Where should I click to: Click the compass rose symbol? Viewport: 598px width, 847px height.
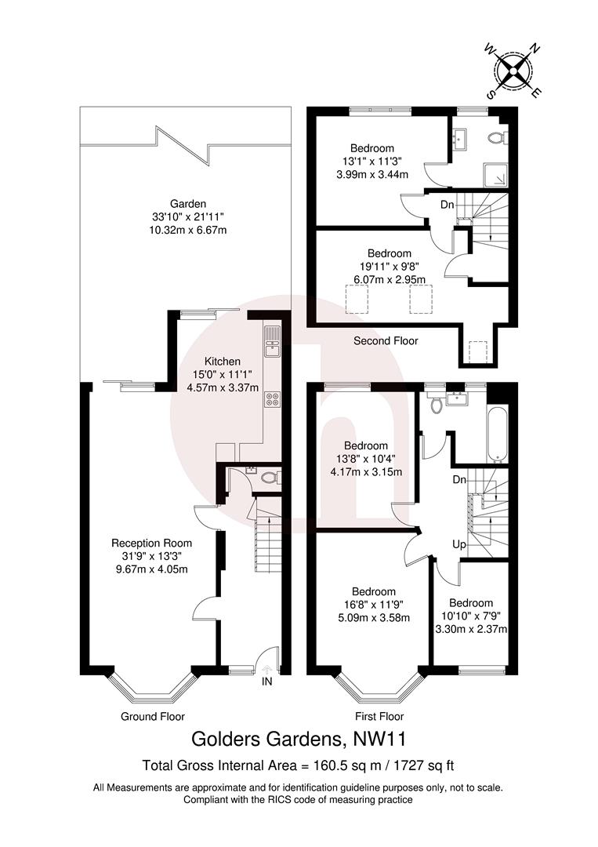point(513,70)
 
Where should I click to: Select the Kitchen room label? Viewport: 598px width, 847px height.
point(223,362)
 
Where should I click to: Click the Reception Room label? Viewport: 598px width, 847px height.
point(151,543)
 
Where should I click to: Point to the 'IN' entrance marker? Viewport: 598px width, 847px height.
point(267,682)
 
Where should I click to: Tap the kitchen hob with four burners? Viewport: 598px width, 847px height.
point(273,398)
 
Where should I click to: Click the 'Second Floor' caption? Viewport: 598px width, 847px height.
point(386,341)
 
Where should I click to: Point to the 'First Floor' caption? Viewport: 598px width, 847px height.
point(379,716)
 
